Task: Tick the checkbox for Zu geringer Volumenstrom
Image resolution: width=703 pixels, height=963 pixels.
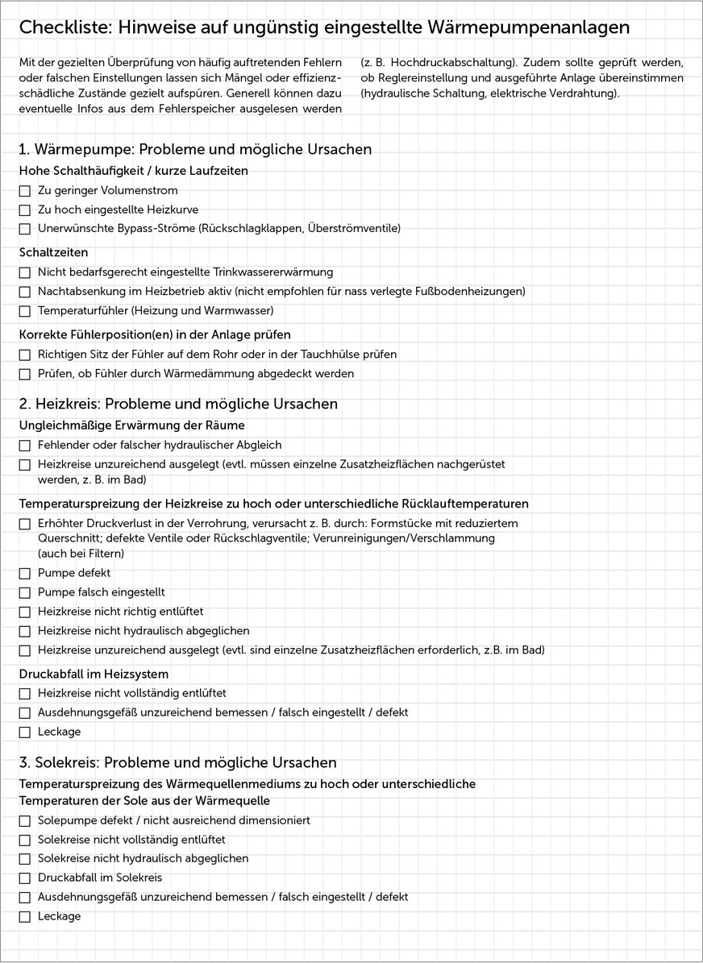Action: pos(25,191)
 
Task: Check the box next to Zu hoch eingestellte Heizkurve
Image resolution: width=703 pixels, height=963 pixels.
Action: pos(25,210)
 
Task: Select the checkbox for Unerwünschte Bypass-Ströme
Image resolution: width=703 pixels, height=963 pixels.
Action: pos(25,230)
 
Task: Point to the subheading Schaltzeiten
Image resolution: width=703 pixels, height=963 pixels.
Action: pos(54,252)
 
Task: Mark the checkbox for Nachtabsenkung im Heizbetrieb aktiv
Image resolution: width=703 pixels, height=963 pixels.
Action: pos(25,292)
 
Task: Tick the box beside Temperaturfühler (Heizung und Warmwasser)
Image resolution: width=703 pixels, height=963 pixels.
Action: pos(25,311)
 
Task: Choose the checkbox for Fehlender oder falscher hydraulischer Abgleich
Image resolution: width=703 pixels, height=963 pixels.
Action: pos(25,446)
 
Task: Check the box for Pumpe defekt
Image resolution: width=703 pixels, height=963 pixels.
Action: pos(25,574)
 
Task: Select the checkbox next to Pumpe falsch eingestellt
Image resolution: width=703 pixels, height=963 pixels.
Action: pos(25,593)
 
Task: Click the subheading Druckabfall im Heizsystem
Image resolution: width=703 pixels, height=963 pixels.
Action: pos(94,673)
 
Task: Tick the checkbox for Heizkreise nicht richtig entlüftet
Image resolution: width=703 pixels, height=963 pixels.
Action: pos(25,612)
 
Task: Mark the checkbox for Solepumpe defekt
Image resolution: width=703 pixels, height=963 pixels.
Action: pos(25,821)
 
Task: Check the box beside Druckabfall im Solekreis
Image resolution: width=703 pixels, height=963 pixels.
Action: pos(25,878)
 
